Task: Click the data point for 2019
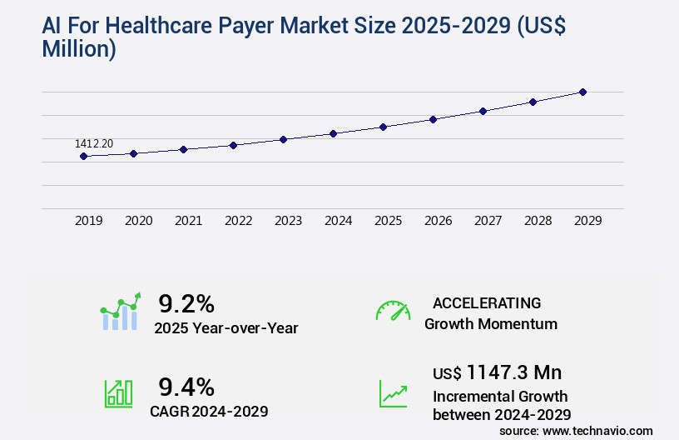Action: pyautogui.click(x=83, y=156)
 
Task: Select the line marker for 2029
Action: pyautogui.click(x=582, y=92)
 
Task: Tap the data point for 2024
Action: pyautogui.click(x=333, y=133)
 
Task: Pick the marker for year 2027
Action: pyautogui.click(x=483, y=111)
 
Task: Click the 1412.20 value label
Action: pyautogui.click(x=94, y=143)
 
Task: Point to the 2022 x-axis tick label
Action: pyautogui.click(x=238, y=221)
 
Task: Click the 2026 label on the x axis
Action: pyautogui.click(x=438, y=221)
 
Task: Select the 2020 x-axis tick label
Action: pyautogui.click(x=138, y=221)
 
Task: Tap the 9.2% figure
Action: pyautogui.click(x=186, y=303)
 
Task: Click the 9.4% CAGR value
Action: pyautogui.click(x=186, y=387)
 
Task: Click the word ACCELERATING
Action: pyautogui.click(x=487, y=302)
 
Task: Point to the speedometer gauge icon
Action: pyautogui.click(x=393, y=310)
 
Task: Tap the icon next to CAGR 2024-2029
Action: pyautogui.click(x=118, y=393)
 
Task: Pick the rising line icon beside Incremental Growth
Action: pyautogui.click(x=393, y=393)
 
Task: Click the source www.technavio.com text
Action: pyautogui.click(x=576, y=430)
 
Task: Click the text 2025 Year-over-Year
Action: pyautogui.click(x=226, y=328)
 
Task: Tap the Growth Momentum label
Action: pyautogui.click(x=491, y=324)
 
